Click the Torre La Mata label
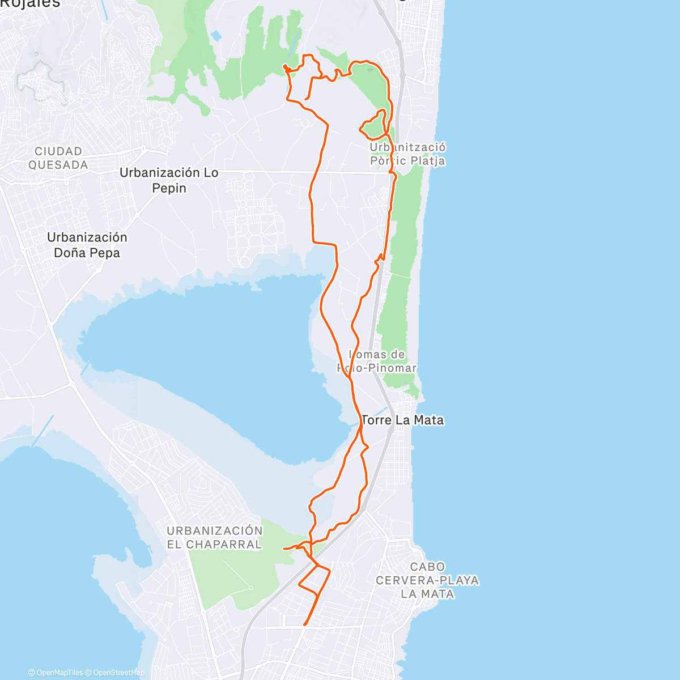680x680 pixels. [x=402, y=420]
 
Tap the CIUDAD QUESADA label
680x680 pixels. [x=58, y=158]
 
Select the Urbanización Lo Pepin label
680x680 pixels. [x=169, y=180]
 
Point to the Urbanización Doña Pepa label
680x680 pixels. [x=87, y=245]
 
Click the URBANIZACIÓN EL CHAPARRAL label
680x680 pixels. [x=215, y=537]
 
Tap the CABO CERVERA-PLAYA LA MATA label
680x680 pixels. [x=427, y=580]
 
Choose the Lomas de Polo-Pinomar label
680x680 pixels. [x=377, y=361]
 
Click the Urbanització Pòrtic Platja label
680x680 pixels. [x=407, y=154]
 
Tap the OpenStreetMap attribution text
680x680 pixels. [x=118, y=673]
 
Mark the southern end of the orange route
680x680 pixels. [x=305, y=625]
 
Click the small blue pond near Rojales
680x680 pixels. [x=216, y=36]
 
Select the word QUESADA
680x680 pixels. [x=58, y=165]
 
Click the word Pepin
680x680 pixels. [x=169, y=188]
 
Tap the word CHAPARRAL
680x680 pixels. [x=224, y=545]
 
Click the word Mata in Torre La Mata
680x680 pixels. [x=428, y=420]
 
